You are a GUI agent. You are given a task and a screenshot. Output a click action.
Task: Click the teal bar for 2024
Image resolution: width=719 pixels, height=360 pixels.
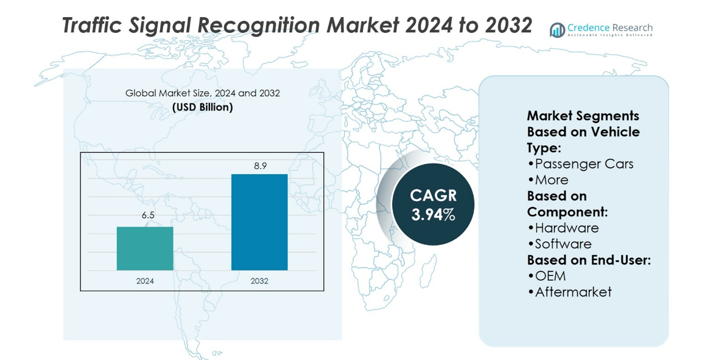145,249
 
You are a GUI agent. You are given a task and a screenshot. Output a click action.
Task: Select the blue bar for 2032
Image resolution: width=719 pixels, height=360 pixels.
259,222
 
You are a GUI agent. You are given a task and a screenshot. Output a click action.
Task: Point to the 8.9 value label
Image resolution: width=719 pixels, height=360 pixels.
260,165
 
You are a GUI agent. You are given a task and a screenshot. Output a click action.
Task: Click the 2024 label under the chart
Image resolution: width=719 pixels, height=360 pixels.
145,281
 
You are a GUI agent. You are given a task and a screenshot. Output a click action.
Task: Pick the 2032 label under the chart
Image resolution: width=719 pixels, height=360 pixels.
259,281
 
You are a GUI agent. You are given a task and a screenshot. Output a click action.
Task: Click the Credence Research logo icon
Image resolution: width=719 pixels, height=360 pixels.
557,30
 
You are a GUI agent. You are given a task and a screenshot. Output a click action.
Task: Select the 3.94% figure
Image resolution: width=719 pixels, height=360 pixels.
433,214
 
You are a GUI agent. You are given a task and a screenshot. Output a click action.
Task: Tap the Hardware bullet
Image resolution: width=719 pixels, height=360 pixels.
563,228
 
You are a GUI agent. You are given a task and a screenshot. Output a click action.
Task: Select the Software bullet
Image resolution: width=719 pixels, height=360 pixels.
559,244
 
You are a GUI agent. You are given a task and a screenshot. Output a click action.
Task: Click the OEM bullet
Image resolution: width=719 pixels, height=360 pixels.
546,276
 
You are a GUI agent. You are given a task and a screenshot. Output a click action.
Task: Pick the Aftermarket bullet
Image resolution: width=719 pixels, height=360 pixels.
569,292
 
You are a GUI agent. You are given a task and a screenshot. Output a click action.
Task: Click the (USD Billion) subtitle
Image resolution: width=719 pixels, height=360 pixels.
203,107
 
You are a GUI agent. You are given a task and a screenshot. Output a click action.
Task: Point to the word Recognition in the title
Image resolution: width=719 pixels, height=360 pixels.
258,26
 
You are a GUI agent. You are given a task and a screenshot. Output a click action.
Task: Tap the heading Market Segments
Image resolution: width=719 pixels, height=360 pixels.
583,116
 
